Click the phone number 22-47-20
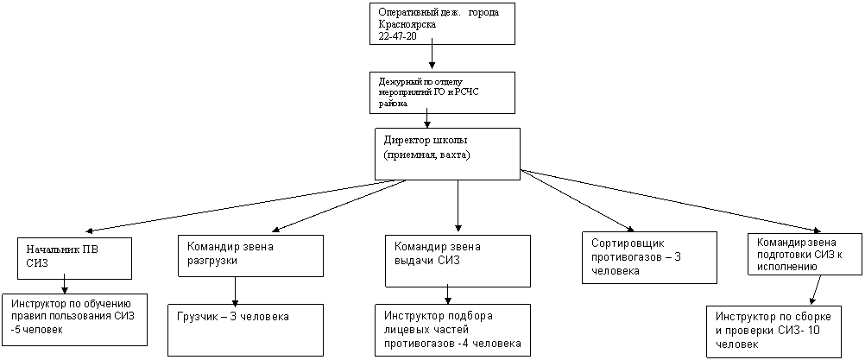[x=394, y=35]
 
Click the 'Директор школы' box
[x=447, y=154]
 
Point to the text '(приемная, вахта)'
[x=426, y=156]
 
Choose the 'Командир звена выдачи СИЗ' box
[x=458, y=261]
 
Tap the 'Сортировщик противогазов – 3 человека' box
[x=650, y=257]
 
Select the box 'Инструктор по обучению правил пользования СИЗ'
[x=74, y=319]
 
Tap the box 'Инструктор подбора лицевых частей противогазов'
[x=453, y=331]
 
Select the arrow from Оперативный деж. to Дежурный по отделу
[x=432, y=55]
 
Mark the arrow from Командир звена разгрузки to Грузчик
[x=236, y=291]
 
